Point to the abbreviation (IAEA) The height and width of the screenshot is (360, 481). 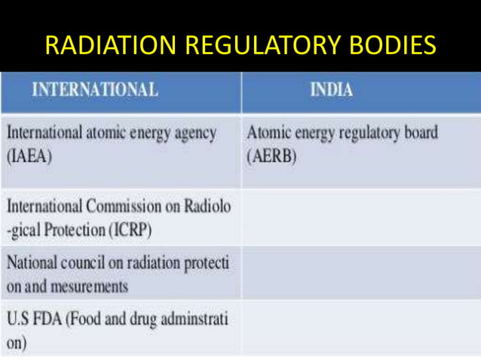click(x=28, y=158)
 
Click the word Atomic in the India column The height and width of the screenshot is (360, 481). click(x=268, y=133)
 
